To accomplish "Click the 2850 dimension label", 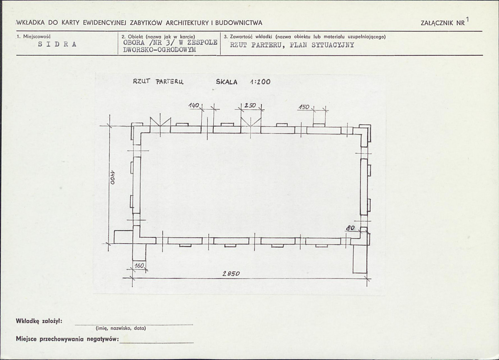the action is pos(231,274).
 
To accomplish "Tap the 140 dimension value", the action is pos(194,106).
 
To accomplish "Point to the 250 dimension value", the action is pos(250,105).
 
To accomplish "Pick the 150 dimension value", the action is pos(304,107).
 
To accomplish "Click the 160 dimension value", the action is pos(139,266).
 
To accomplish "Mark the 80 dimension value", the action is pos(351,228).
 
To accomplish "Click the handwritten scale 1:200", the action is pos(260,82).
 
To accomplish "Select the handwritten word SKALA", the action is pos(227,82).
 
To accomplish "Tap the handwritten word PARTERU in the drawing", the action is pos(170,82).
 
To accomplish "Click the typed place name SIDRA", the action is pos(57,44).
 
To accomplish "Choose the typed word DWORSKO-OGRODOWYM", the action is pos(160,49).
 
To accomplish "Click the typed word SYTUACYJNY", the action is pos(333,45).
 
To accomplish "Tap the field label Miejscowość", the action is pos(37,37).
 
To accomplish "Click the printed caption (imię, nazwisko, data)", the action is pos(121,328).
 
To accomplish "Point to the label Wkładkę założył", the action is pos(39,321).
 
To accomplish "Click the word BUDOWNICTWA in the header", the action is pos(239,23).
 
